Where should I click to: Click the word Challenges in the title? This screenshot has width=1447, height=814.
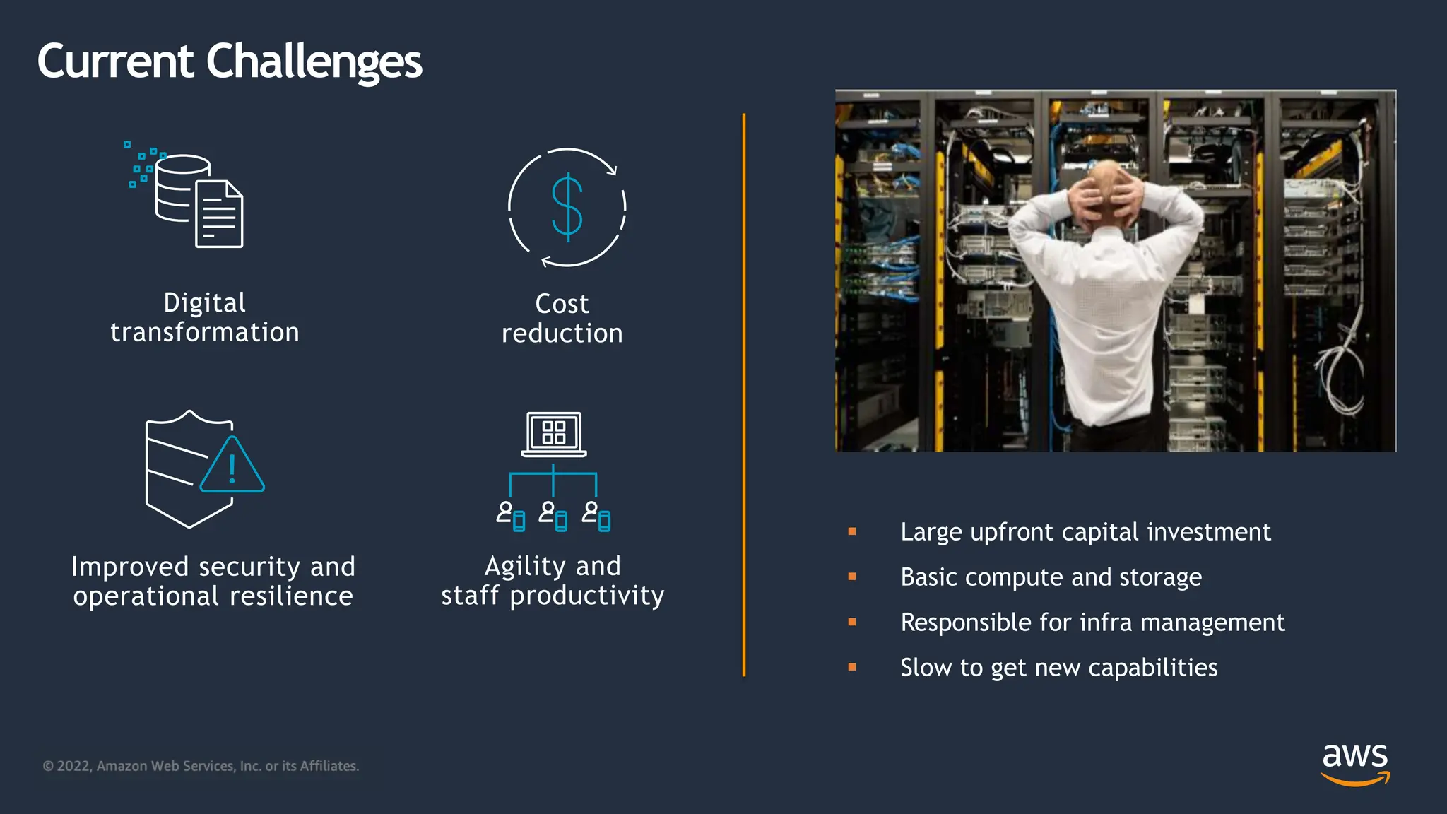314,62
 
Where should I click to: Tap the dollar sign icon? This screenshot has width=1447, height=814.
567,207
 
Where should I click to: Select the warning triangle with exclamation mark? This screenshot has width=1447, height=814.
232,466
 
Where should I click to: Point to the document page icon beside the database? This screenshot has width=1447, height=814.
219,214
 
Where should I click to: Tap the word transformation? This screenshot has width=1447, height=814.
204,333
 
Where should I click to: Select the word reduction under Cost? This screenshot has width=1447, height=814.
562,334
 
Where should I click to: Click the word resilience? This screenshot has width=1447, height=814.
291,596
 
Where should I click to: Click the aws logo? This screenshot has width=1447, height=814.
1354,763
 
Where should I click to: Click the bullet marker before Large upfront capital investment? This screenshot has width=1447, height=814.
852,531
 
